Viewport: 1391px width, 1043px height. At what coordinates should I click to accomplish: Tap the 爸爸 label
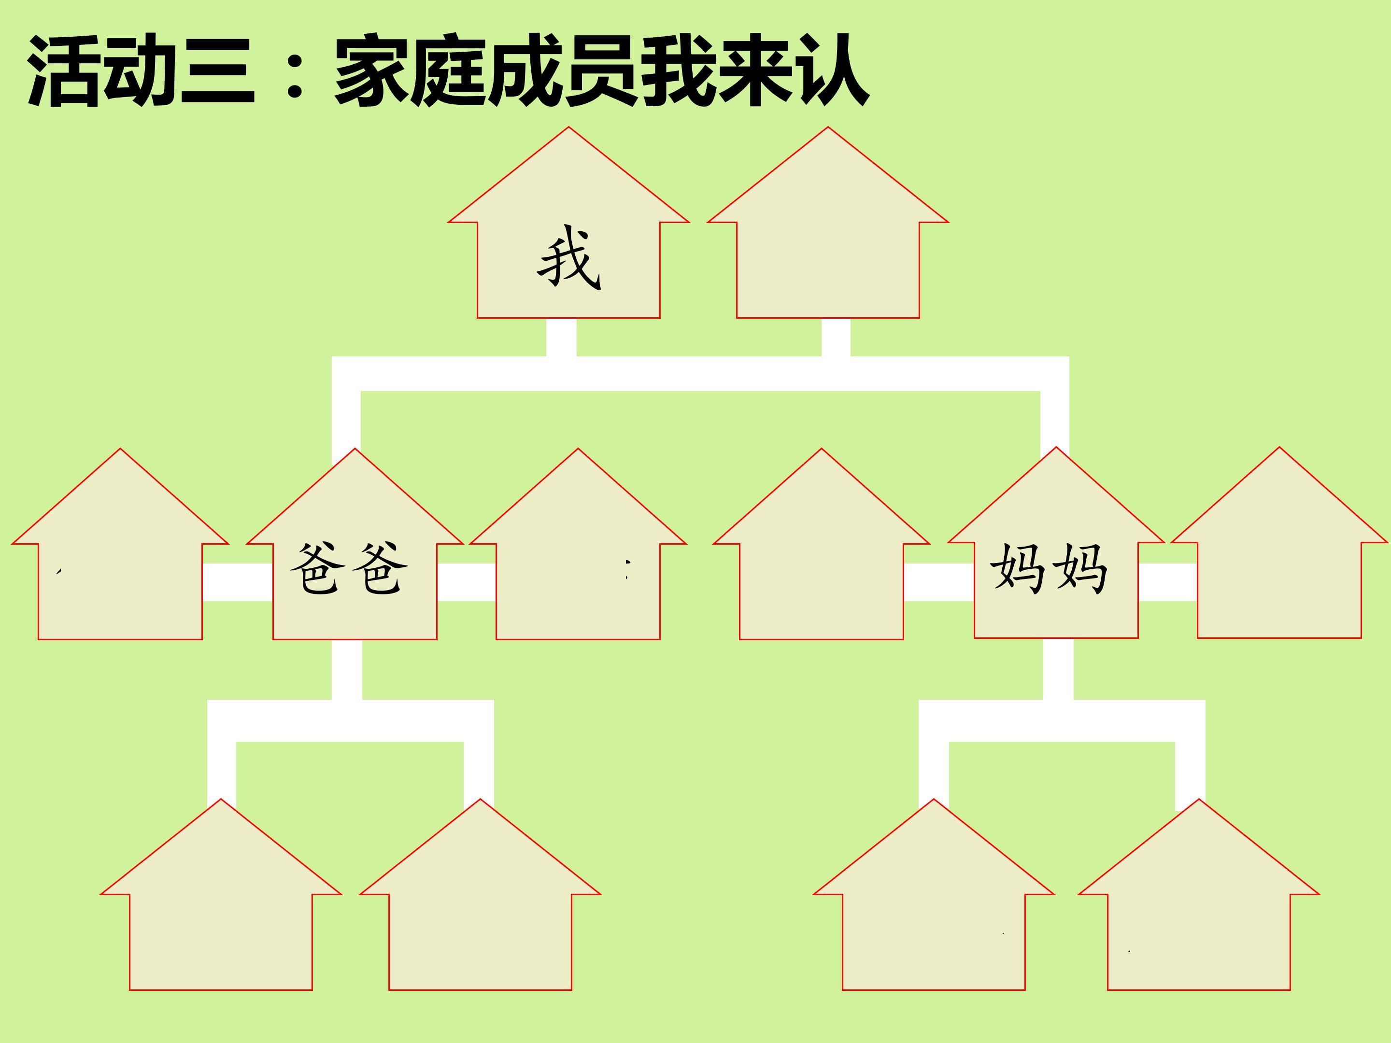(348, 569)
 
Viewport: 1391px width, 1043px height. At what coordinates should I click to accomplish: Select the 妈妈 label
(1049, 569)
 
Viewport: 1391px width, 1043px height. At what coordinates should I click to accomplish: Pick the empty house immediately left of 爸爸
(120, 566)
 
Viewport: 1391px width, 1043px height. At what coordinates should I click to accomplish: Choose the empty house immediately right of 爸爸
(578, 566)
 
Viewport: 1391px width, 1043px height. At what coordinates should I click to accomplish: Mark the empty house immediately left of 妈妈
(821, 566)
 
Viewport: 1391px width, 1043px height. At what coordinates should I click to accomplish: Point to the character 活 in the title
(64, 71)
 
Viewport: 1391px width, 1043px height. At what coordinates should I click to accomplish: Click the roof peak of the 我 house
(569, 127)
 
